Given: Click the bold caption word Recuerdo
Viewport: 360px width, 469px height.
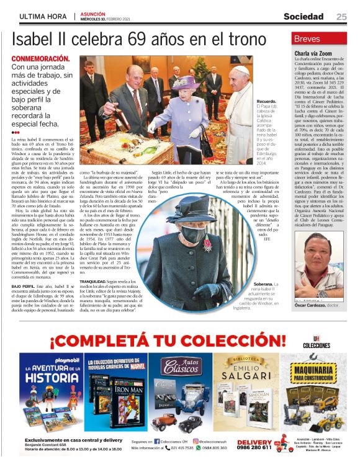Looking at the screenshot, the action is coord(266,100).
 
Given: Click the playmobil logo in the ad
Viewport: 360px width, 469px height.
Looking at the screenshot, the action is coord(40,359).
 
